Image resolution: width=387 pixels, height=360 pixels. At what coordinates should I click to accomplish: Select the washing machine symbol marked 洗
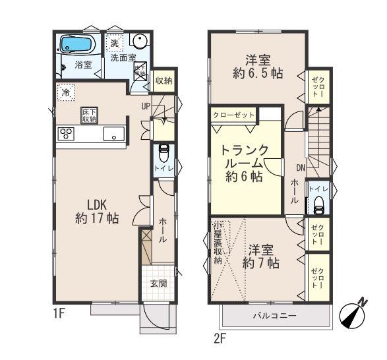pos(115,43)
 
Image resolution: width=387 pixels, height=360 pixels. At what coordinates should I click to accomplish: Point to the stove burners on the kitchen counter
pos(66,133)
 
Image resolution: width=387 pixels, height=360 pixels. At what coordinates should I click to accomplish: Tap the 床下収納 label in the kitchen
pos(89,115)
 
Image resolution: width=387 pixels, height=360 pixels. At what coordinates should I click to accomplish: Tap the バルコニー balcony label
pos(275,316)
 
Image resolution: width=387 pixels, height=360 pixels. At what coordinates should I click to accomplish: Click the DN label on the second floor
pos(300,167)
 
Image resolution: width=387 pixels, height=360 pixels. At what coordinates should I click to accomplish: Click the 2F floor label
pos(220,339)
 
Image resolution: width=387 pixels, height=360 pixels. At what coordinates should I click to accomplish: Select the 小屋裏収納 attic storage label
pos(218,243)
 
